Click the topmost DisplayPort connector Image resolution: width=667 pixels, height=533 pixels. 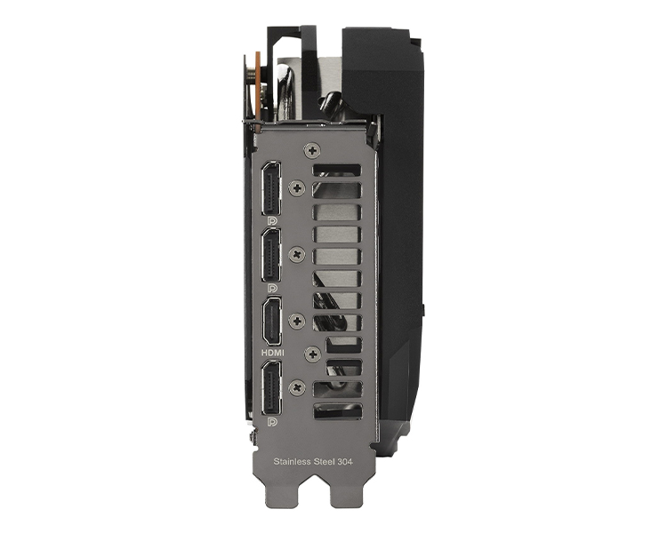click(x=271, y=188)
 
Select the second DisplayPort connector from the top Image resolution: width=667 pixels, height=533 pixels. click(x=271, y=255)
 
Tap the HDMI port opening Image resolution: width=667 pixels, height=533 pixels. click(x=271, y=321)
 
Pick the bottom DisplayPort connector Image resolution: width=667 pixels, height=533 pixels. click(x=271, y=387)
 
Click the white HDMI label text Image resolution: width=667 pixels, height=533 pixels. click(x=273, y=353)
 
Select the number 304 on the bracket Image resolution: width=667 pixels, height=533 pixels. click(x=345, y=462)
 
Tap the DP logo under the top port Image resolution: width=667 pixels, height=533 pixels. click(x=272, y=221)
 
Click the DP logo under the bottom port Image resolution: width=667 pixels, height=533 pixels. click(x=272, y=422)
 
